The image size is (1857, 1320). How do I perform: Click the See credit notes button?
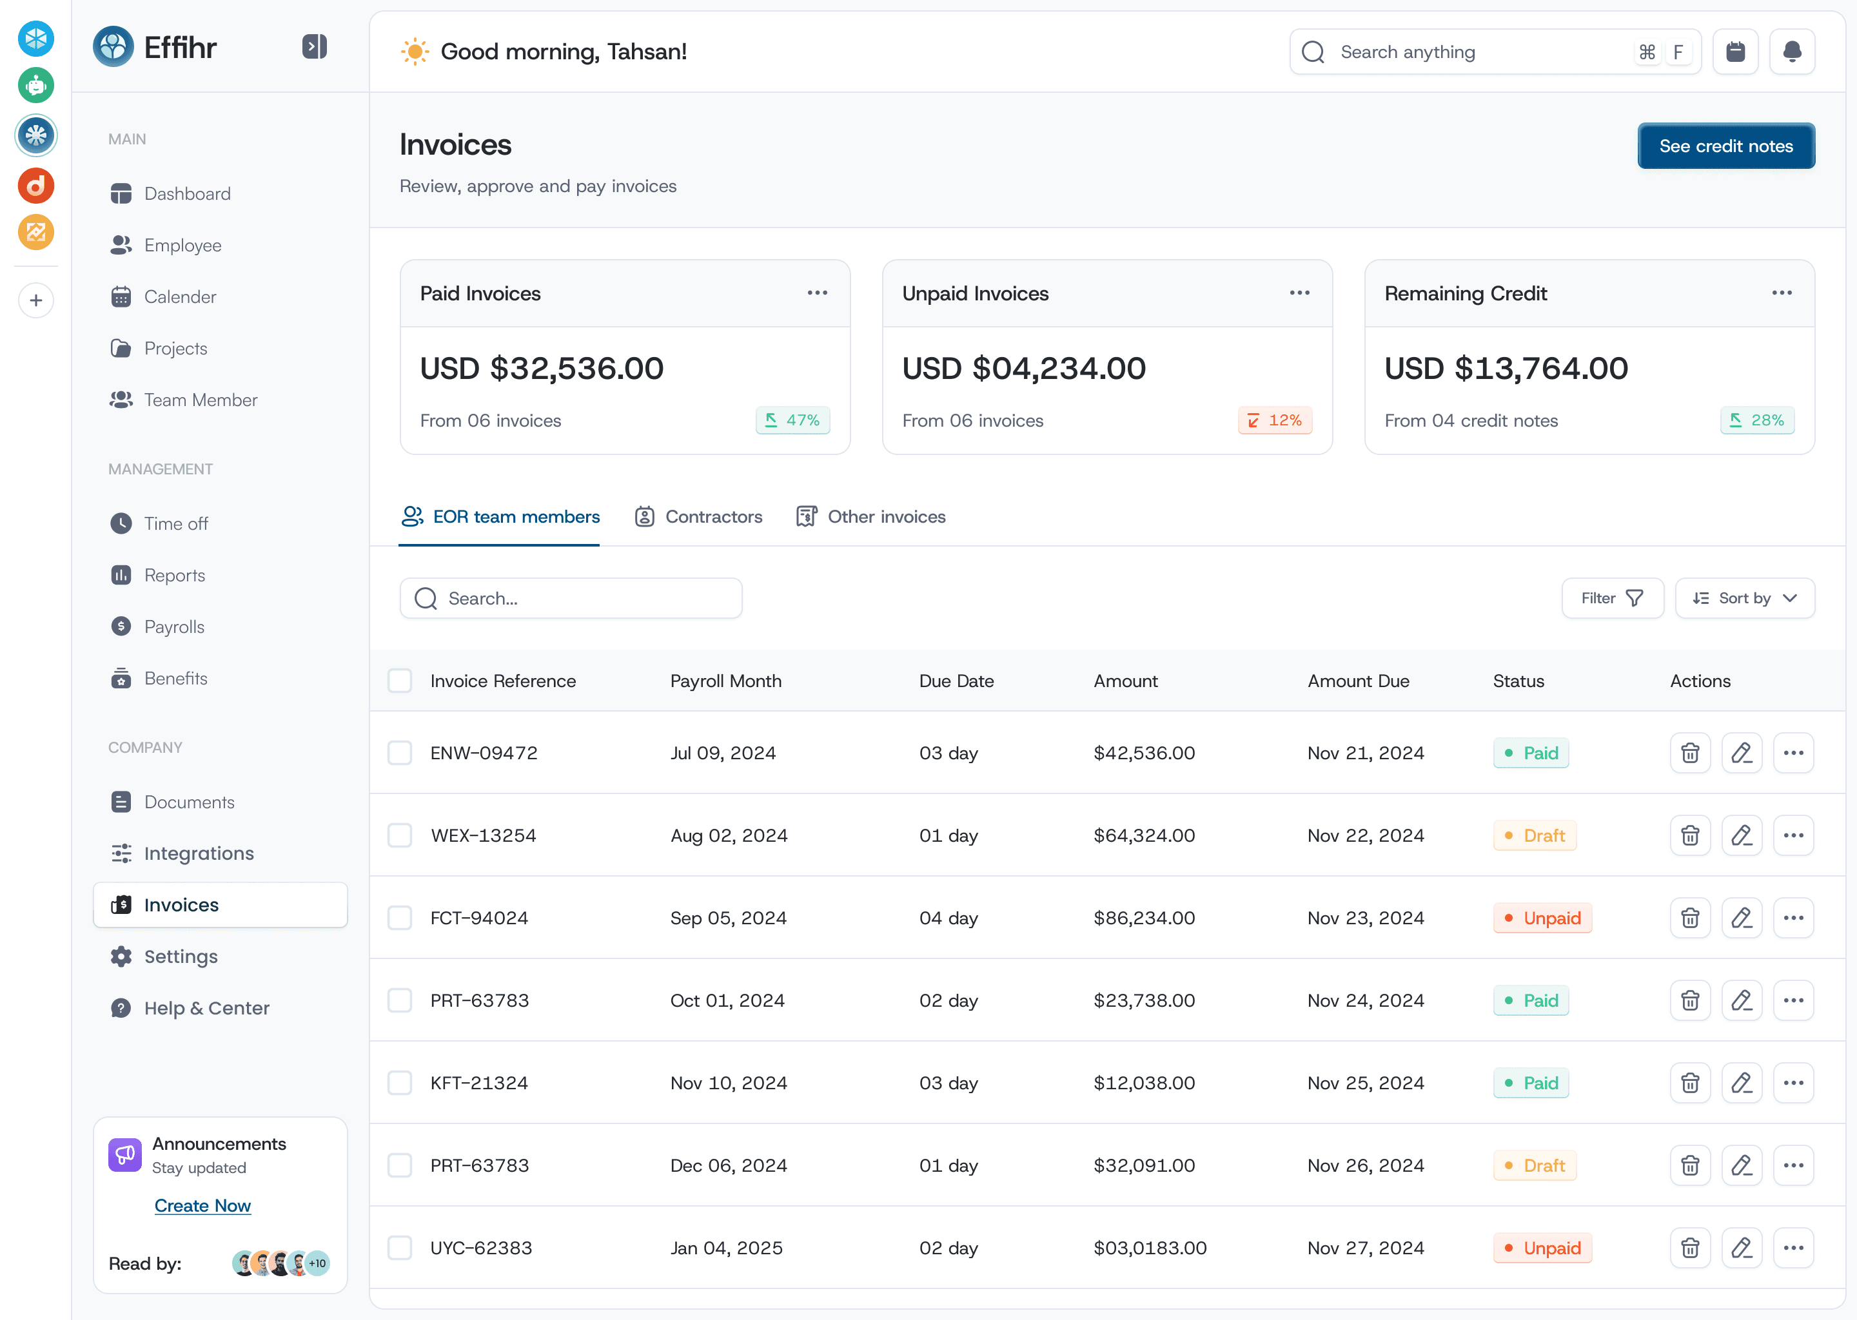(x=1725, y=146)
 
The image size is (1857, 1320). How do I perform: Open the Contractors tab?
(x=698, y=517)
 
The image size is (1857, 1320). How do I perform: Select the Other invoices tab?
(x=870, y=517)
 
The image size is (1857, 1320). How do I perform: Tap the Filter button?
(x=1612, y=598)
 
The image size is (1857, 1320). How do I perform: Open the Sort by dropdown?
(x=1745, y=598)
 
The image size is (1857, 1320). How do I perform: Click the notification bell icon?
(x=1792, y=52)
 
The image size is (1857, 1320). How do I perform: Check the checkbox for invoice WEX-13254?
(x=399, y=835)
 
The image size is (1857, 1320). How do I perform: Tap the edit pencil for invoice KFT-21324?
(x=1742, y=1083)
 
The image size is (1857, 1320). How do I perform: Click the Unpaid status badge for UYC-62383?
(x=1542, y=1248)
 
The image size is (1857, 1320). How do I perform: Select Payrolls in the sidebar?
(x=174, y=626)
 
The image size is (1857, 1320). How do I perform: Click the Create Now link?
(x=202, y=1206)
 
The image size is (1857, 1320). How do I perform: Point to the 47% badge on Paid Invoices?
(x=792, y=420)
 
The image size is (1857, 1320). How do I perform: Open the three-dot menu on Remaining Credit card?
(x=1782, y=293)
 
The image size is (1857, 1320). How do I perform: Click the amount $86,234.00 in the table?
(x=1144, y=918)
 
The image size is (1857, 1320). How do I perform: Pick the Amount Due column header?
(x=1359, y=681)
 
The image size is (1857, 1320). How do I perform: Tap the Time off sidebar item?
(x=175, y=523)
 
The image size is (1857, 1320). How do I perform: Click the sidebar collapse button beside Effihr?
(x=315, y=46)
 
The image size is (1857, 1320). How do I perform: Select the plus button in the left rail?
(x=35, y=301)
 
